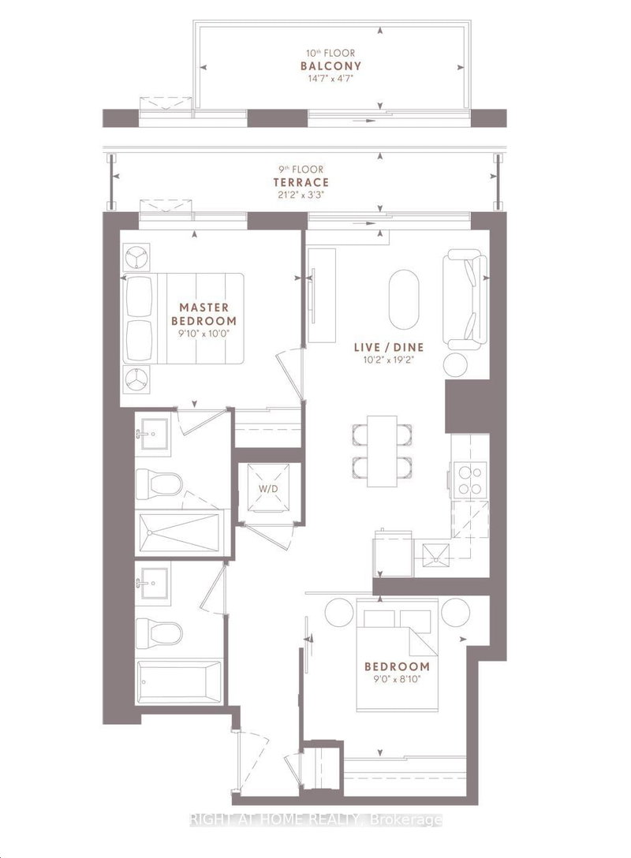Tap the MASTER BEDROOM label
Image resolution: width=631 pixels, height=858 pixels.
point(204,314)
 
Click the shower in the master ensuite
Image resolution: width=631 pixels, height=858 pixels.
point(180,533)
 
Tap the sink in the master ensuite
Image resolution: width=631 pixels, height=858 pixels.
point(151,434)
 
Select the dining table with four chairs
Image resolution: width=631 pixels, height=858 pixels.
point(383,450)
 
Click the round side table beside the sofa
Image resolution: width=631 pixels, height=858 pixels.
point(457,364)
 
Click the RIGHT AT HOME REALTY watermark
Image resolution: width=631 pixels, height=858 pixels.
point(315,820)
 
